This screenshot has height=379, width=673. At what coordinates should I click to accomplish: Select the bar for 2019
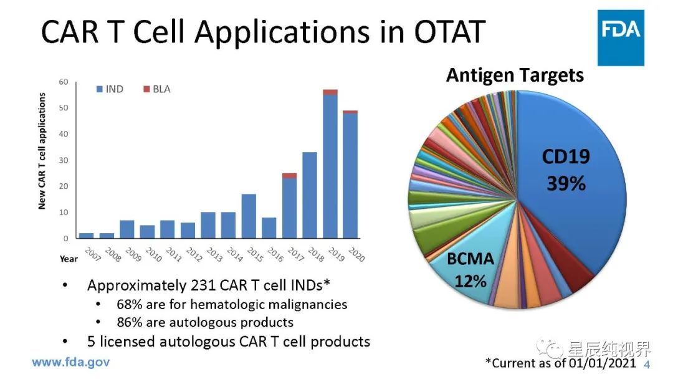click(x=330, y=168)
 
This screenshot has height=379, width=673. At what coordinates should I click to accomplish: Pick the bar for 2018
click(x=310, y=195)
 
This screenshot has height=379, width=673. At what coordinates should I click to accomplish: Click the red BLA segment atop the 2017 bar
click(x=289, y=176)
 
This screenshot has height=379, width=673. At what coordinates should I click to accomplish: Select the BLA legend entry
click(x=156, y=89)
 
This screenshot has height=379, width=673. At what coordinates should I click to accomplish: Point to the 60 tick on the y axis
click(x=64, y=82)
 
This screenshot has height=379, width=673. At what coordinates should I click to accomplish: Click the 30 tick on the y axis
click(x=64, y=160)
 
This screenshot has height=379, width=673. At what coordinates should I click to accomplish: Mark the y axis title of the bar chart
click(x=42, y=151)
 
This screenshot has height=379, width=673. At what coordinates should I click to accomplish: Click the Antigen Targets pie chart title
click(x=515, y=75)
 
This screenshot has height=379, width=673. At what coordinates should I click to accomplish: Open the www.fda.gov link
click(x=70, y=362)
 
